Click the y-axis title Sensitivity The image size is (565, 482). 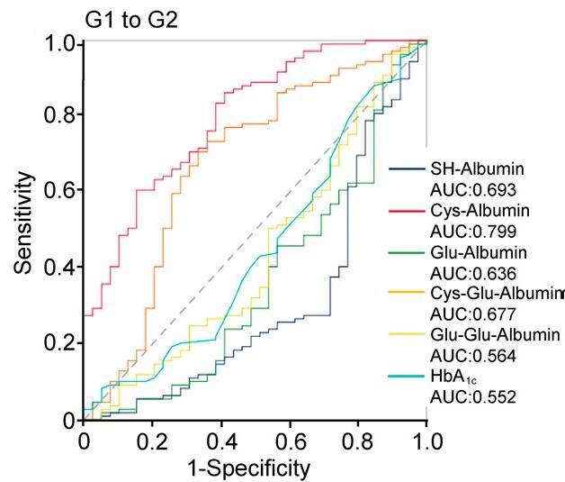tap(26, 225)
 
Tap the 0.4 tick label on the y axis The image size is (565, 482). tap(60, 268)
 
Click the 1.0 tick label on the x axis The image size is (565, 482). tap(426, 441)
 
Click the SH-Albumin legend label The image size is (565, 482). tap(478, 168)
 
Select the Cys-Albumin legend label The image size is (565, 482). tap(479, 210)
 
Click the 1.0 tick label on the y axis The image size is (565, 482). tap(60, 41)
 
